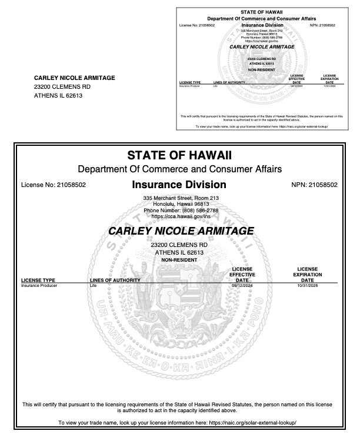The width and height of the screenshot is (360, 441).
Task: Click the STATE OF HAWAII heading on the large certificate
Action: tap(179, 156)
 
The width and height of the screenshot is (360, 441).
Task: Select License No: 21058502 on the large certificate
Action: tap(54, 185)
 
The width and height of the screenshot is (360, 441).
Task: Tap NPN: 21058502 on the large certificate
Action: tap(314, 185)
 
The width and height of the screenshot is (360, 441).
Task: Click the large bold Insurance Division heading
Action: tap(179, 185)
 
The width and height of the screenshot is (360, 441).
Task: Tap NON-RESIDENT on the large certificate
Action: tap(179, 260)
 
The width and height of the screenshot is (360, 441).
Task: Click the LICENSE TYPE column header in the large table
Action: tap(38, 280)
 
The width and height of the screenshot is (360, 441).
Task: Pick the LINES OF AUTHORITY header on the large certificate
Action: tap(115, 280)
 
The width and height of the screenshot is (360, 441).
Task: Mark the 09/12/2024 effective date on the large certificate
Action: tap(241, 286)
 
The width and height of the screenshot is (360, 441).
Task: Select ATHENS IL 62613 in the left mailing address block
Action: tap(58, 96)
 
